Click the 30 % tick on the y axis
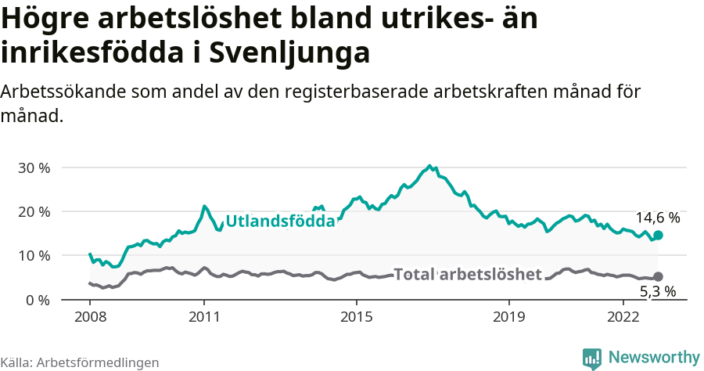pyautogui.click(x=33, y=167)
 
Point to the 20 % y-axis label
pyautogui.click(x=33, y=211)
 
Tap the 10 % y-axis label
pyautogui.click(x=33, y=255)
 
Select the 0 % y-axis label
pyautogui.click(x=37, y=300)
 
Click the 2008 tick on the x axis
pyautogui.click(x=90, y=316)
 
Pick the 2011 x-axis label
pyautogui.click(x=204, y=316)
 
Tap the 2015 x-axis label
pyautogui.click(x=357, y=316)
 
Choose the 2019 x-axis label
pyautogui.click(x=509, y=316)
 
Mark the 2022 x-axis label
pyautogui.click(x=623, y=316)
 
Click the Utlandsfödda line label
pyautogui.click(x=280, y=222)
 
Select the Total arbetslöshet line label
pyautogui.click(x=468, y=274)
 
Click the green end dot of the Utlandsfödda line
pyautogui.click(x=659, y=236)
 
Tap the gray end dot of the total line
pyautogui.click(x=659, y=276)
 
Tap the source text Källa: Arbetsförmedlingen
pyautogui.click(x=80, y=362)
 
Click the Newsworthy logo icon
pyautogui.click(x=592, y=358)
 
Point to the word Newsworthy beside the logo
pyautogui.click(x=654, y=358)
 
